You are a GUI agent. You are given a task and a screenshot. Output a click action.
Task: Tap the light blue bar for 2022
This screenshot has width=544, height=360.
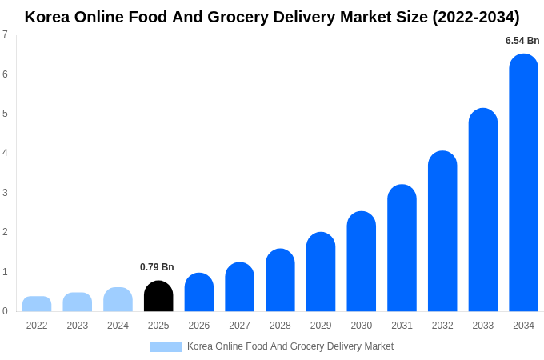point(37,304)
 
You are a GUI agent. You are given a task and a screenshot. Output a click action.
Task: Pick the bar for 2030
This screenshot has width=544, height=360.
point(361,262)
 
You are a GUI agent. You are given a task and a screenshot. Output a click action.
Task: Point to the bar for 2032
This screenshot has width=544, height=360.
point(442,231)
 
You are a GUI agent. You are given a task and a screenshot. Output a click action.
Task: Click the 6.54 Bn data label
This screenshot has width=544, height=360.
point(522,41)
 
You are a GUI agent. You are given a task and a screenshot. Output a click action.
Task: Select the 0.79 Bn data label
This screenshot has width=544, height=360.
point(157,267)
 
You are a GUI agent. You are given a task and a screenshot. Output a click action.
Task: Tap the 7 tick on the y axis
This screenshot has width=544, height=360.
point(5,34)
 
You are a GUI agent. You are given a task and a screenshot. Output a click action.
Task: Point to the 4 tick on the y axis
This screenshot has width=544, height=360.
point(5,153)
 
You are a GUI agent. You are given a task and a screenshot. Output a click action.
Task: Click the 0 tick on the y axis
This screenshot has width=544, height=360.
point(5,311)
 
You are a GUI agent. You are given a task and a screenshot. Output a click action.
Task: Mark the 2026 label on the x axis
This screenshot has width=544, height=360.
point(199,326)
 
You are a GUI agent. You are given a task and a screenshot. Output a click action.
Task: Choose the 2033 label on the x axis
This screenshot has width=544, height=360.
point(483,326)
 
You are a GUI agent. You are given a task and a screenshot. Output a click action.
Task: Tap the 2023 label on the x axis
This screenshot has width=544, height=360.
point(78,326)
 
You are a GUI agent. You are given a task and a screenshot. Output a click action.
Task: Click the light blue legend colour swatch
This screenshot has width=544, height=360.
point(166,347)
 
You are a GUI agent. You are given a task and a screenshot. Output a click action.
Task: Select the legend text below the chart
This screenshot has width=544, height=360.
point(290,346)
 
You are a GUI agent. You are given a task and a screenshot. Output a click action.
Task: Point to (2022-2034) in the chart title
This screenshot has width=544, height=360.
point(475,17)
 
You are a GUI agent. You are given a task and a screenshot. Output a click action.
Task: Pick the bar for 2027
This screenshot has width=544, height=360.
point(239,287)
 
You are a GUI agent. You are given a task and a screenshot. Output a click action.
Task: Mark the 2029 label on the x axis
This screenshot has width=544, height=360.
point(321,326)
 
